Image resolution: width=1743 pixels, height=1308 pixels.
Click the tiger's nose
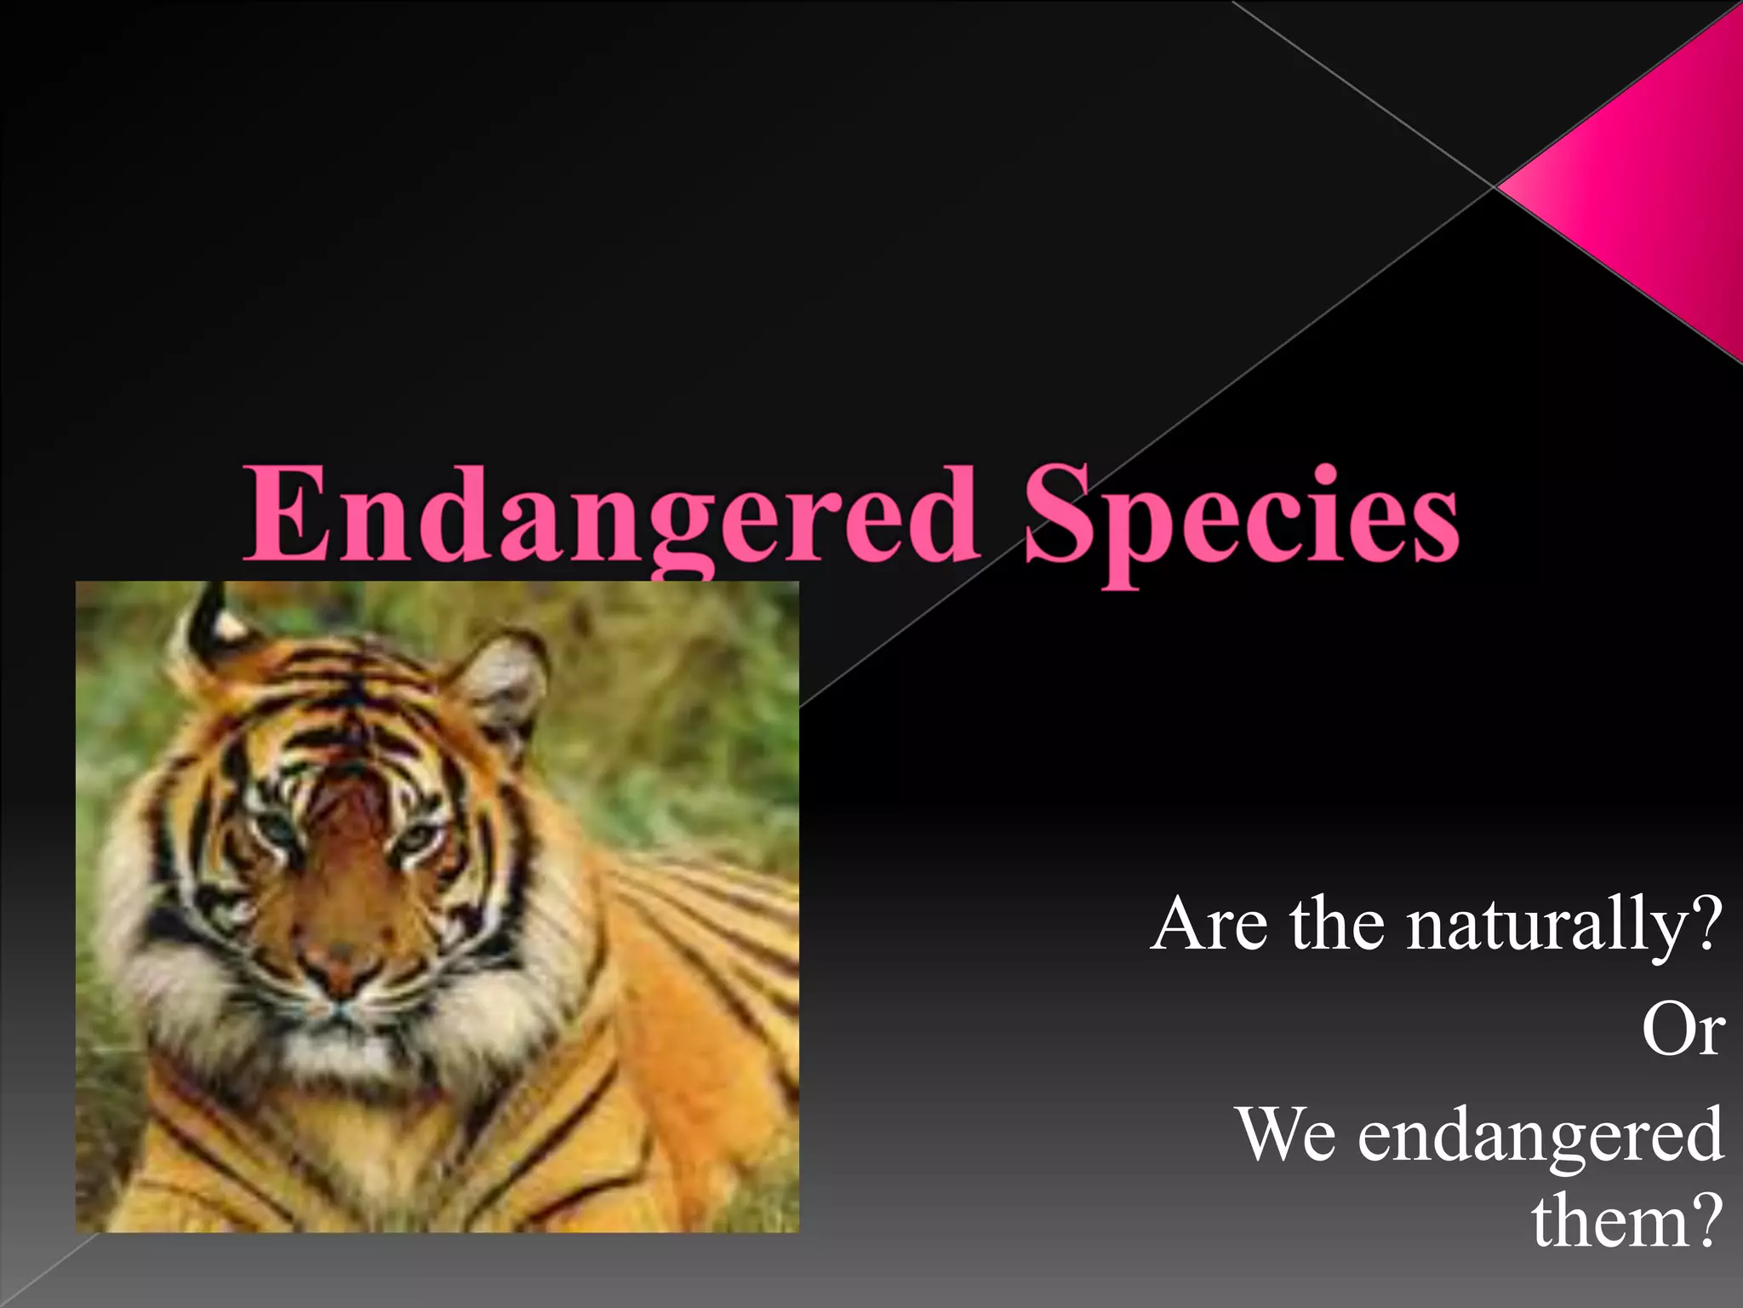click(340, 967)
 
